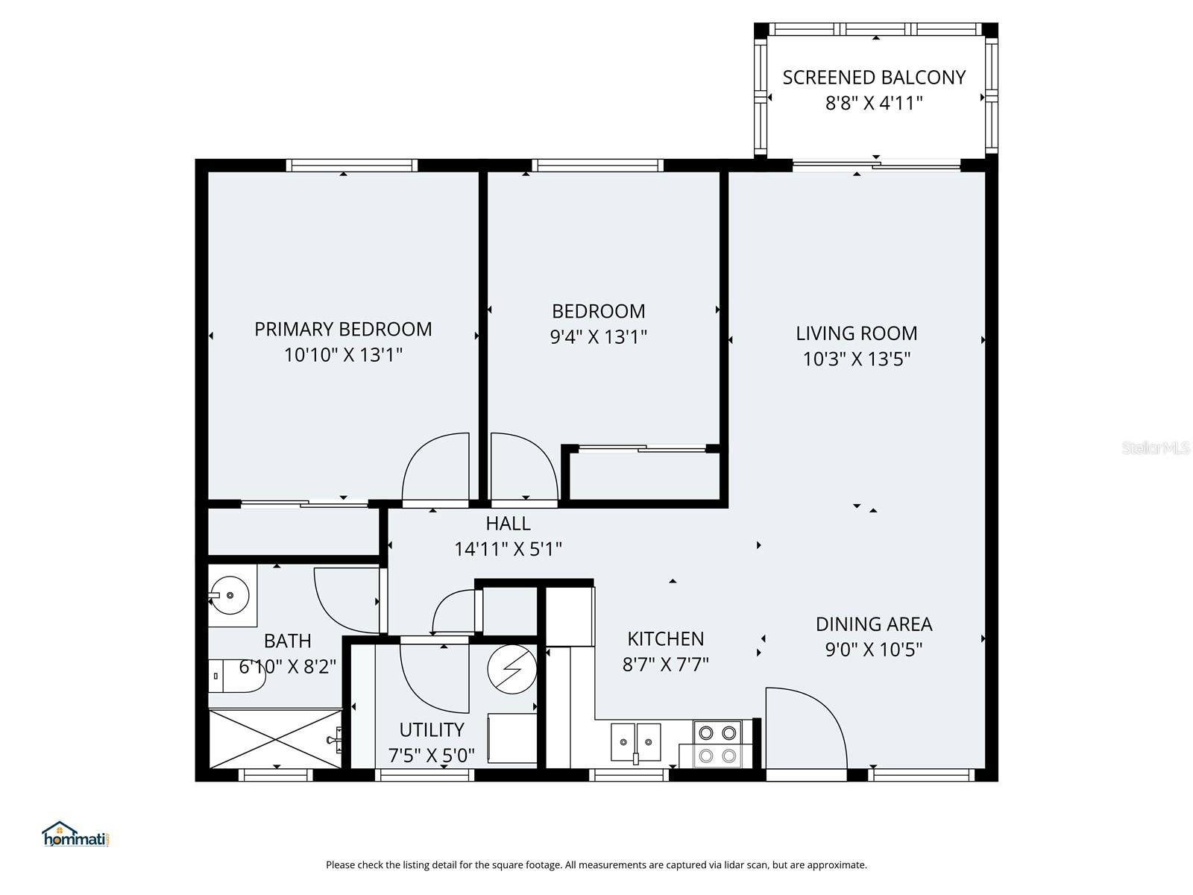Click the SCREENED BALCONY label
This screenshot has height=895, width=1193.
pyautogui.click(x=874, y=78)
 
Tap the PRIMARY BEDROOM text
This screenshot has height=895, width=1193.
pyautogui.click(x=343, y=329)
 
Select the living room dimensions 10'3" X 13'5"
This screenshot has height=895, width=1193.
pyautogui.click(x=857, y=359)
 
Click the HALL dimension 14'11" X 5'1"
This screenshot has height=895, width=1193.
pyautogui.click(x=508, y=550)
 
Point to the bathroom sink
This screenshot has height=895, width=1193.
pyautogui.click(x=231, y=595)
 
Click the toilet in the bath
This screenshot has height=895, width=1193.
pyautogui.click(x=236, y=676)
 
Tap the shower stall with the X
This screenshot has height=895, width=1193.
pyautogui.click(x=276, y=738)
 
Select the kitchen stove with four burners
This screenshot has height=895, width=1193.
pyautogui.click(x=717, y=744)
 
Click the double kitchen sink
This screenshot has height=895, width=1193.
pyautogui.click(x=636, y=742)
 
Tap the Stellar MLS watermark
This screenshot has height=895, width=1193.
pyautogui.click(x=1155, y=448)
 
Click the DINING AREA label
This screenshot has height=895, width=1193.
pyautogui.click(x=874, y=624)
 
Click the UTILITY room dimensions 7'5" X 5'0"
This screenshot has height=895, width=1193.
pyautogui.click(x=431, y=756)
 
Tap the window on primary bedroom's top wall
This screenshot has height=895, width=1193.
pyautogui.click(x=351, y=166)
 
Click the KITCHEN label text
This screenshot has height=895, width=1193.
pyautogui.click(x=665, y=639)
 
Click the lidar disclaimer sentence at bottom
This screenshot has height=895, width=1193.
pyautogui.click(x=596, y=865)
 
